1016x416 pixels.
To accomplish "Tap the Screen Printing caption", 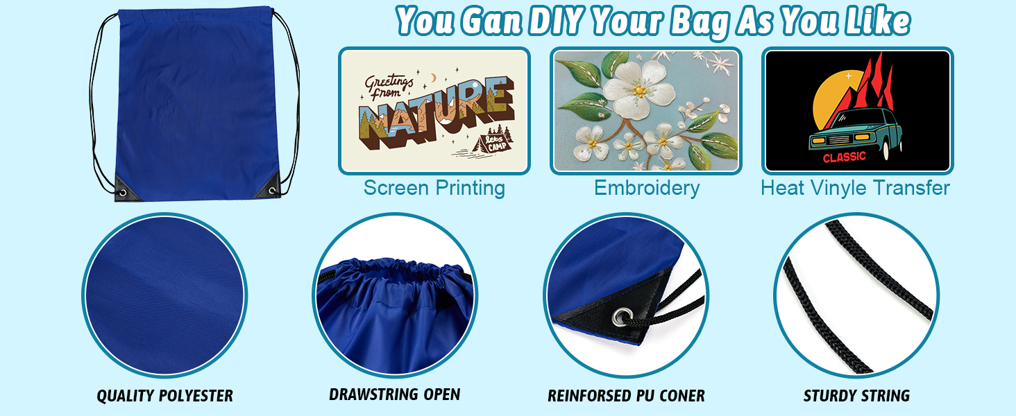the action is point(434,188).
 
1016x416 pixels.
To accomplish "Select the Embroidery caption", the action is point(647,188).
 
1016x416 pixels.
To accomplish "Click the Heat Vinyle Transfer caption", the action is point(855,188).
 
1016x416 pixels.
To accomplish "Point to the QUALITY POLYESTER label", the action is point(164,396).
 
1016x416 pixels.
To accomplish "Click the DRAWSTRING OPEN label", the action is point(395,395).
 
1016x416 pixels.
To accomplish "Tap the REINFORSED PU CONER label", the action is point(627,396).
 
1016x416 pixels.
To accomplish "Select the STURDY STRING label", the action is point(856,396).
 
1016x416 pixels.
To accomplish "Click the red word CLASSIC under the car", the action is point(845,157).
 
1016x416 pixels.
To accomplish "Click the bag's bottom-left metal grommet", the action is point(123,193).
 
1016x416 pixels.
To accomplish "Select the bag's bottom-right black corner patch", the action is point(269,188).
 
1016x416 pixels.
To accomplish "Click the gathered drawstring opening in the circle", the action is point(395,270).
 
